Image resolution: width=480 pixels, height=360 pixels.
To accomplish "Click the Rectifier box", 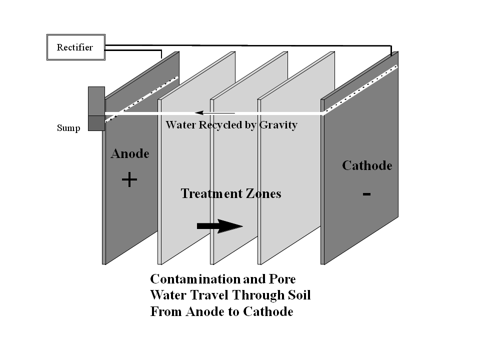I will click(x=75, y=47).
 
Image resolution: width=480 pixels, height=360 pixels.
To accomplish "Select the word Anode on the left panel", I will click(x=130, y=153).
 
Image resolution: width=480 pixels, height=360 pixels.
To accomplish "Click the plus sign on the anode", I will click(x=129, y=179).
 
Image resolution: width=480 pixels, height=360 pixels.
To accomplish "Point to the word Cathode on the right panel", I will click(x=367, y=165).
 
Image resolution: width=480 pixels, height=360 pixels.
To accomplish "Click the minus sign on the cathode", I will click(x=366, y=194).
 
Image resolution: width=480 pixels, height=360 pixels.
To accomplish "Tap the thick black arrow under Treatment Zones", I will click(x=219, y=226).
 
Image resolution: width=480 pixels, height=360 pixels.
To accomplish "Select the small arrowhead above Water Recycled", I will click(x=198, y=113).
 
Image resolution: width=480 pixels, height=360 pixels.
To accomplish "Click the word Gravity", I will click(x=278, y=125).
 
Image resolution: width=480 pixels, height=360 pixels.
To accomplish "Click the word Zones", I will click(x=263, y=193).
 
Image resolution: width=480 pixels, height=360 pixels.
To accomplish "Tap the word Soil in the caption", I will click(x=298, y=295).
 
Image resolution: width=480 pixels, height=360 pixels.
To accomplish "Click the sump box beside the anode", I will click(x=96, y=108).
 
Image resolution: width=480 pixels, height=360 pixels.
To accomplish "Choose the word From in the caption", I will click(x=166, y=312).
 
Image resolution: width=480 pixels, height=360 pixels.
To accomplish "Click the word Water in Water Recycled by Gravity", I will click(x=181, y=125).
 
